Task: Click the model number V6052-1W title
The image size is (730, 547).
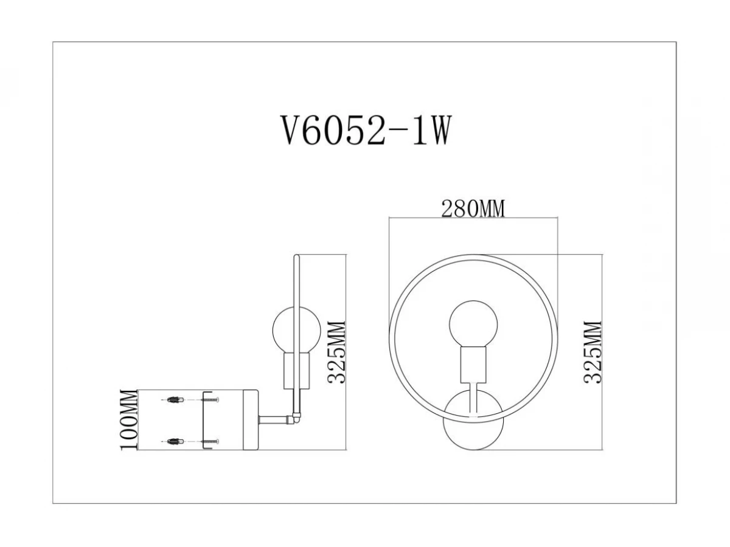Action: pos(366,130)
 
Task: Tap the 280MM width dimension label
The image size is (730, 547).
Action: pos(473,209)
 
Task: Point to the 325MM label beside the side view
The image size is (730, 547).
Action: pos(336,353)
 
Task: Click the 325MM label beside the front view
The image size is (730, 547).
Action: pos(593,353)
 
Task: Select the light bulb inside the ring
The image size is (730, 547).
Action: pos(473,324)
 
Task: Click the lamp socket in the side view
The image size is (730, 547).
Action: pos(297,371)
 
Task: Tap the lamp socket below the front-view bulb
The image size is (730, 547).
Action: pos(473,365)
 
